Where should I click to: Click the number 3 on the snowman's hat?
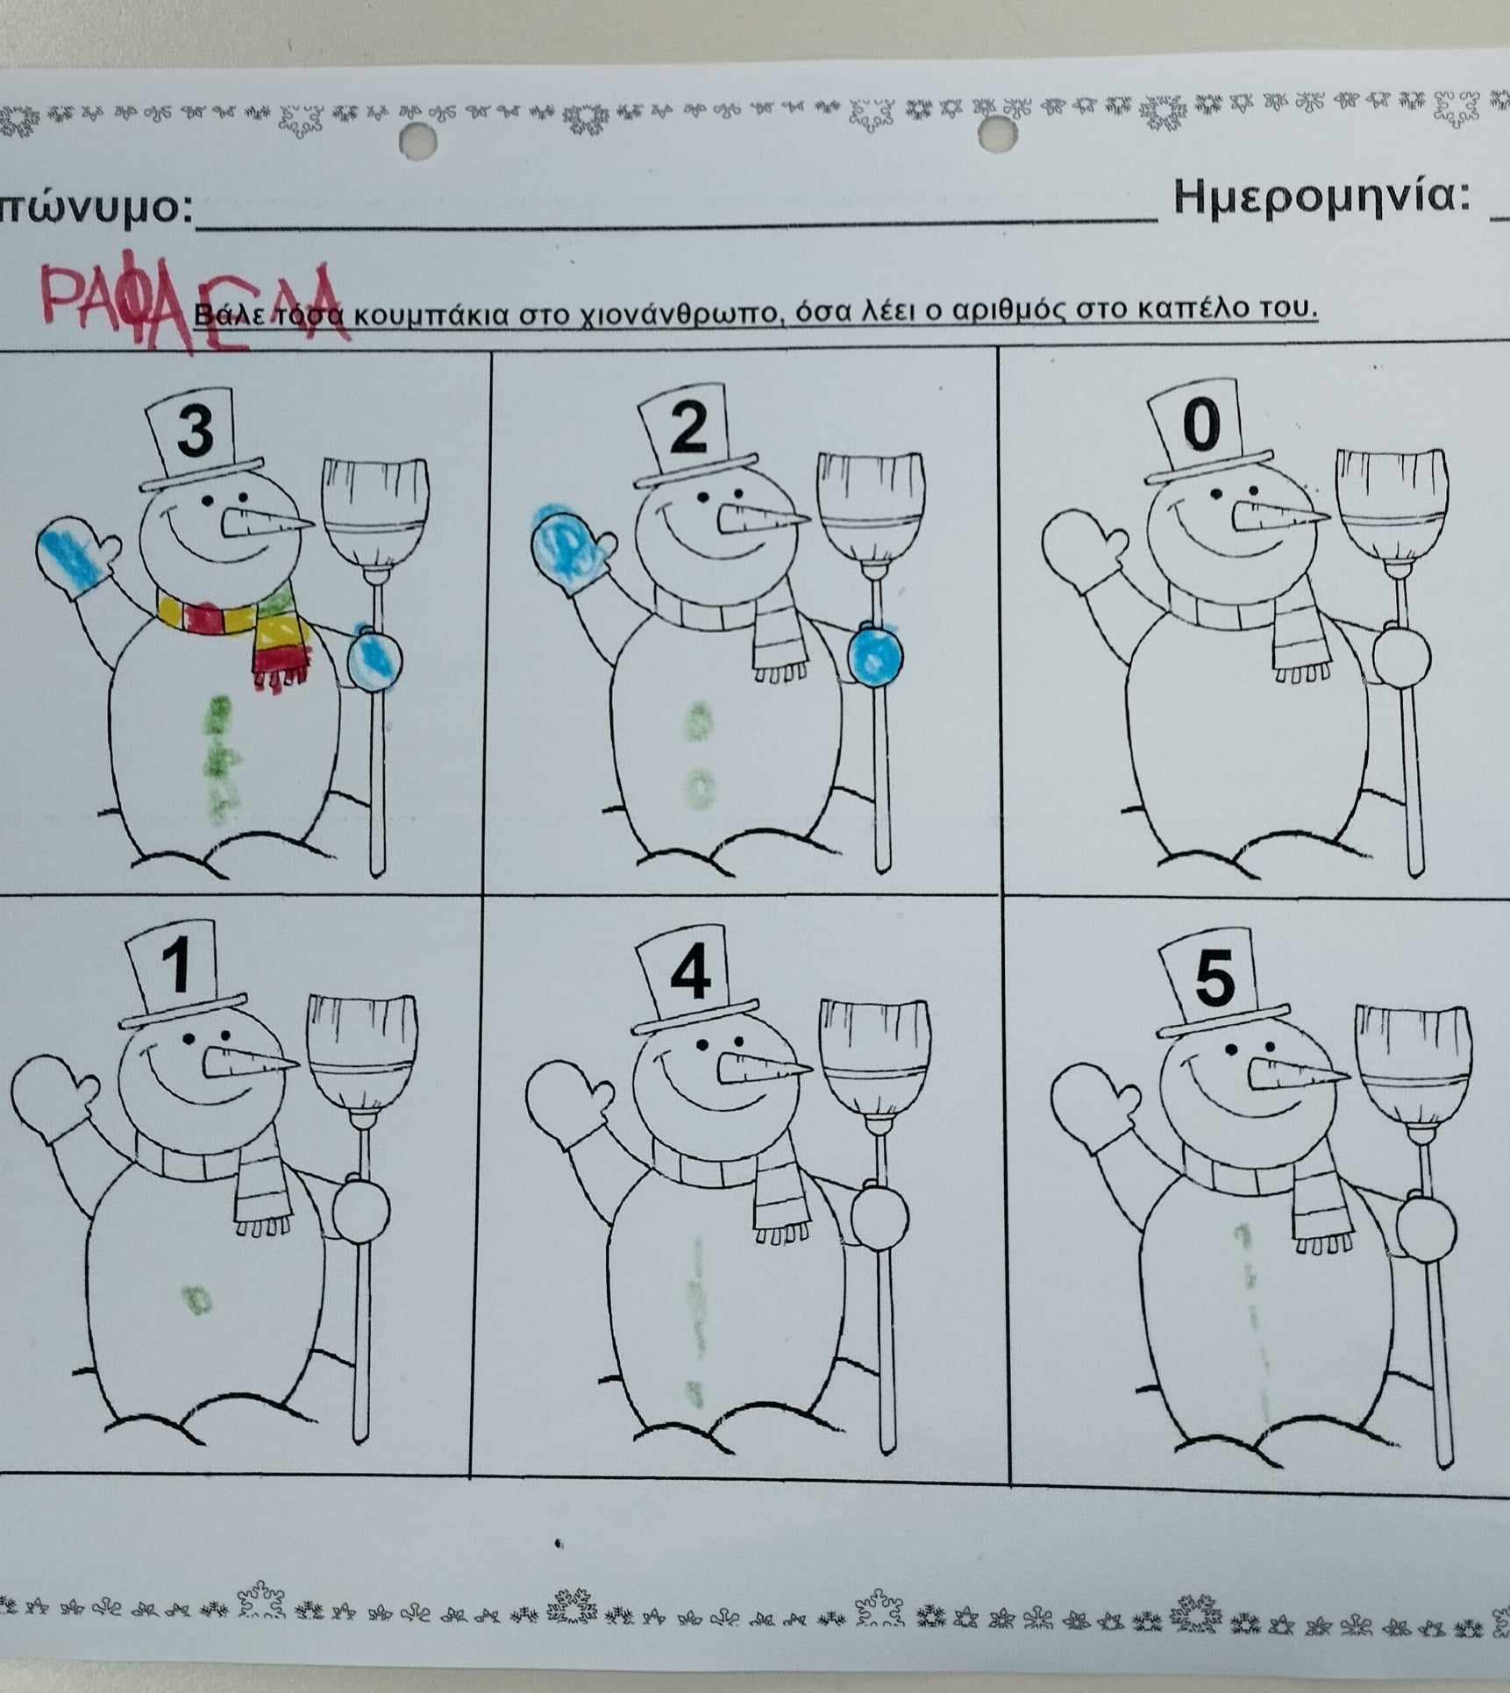[x=196, y=430]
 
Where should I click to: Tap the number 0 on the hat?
[x=1201, y=425]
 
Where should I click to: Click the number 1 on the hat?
[x=179, y=964]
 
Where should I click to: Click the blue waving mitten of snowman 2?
[x=571, y=545]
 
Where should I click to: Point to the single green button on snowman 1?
[x=195, y=1298]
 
